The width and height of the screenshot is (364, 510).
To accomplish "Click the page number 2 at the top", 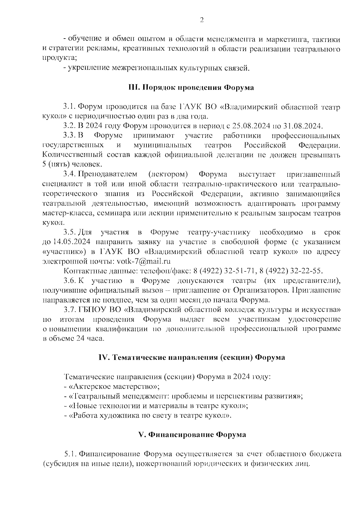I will click(202, 20).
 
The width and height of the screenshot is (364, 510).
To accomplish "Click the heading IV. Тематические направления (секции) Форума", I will click(191, 358).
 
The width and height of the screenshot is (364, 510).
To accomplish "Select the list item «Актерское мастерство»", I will click(114, 387).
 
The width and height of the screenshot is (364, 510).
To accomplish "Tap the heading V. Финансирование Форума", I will click(192, 435).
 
